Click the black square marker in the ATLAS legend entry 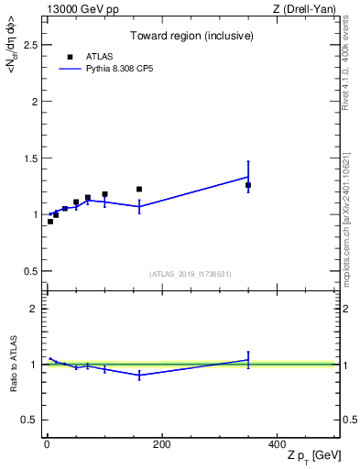point(70,57)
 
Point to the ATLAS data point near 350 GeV point(248,185)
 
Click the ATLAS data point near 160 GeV point(139,190)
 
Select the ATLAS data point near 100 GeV point(104,194)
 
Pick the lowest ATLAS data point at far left point(50,222)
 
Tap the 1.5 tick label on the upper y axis point(31,158)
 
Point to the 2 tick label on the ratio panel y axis point(35,309)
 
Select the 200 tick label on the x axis point(161,444)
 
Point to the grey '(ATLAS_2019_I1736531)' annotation point(191,274)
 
